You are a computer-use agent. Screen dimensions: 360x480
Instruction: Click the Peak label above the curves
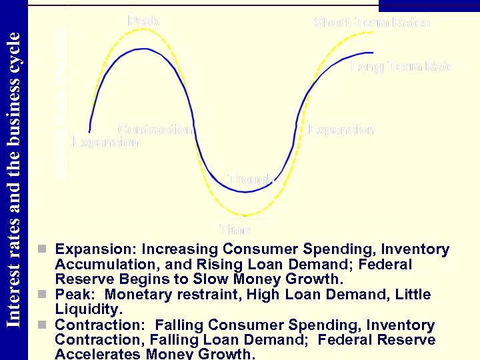click(143, 21)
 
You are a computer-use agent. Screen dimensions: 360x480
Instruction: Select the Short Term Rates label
click(372, 23)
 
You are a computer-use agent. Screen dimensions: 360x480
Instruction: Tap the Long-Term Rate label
click(401, 67)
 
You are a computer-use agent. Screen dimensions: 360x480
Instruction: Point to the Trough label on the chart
click(250, 179)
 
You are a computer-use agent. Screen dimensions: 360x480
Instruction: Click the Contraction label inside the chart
click(155, 129)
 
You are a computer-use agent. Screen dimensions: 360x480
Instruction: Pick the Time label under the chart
click(235, 230)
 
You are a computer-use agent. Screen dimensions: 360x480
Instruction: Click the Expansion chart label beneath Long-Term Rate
click(341, 130)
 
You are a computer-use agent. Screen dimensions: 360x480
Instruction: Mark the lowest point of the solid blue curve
click(247, 192)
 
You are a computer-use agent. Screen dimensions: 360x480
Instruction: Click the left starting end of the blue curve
click(89, 132)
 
